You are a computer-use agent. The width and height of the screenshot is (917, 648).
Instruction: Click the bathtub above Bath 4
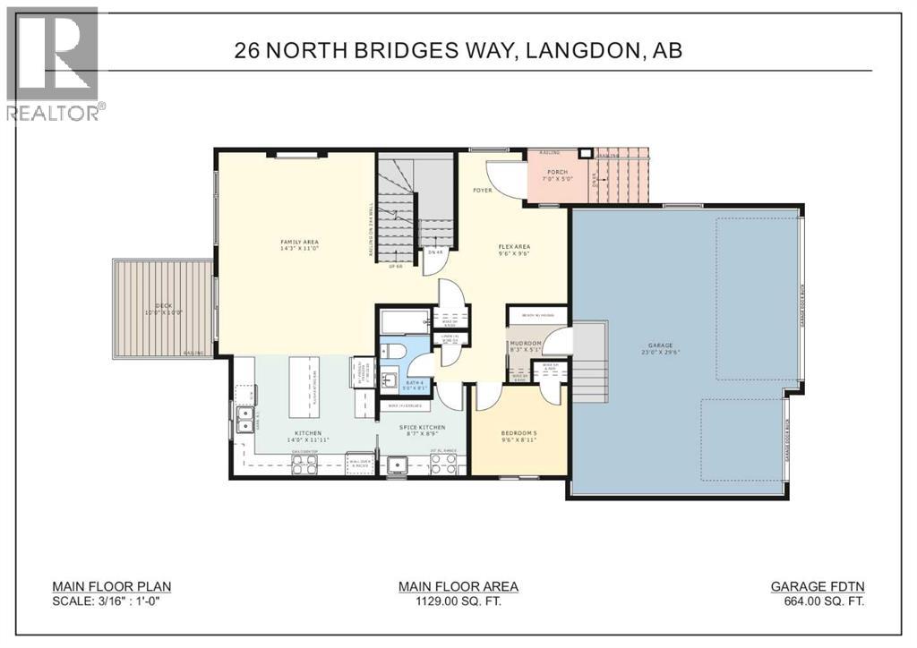click(x=403, y=321)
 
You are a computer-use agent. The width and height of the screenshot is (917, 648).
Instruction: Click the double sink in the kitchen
click(x=243, y=419)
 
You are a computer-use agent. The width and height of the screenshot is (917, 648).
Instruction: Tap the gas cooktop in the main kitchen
click(x=304, y=460)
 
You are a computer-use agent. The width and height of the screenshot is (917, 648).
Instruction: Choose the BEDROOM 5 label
click(x=519, y=435)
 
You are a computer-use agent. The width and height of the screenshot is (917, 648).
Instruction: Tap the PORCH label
click(x=559, y=172)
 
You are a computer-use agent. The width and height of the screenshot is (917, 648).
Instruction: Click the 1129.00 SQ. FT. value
click(x=458, y=602)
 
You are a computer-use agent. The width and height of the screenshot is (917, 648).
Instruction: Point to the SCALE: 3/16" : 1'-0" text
click(x=111, y=602)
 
